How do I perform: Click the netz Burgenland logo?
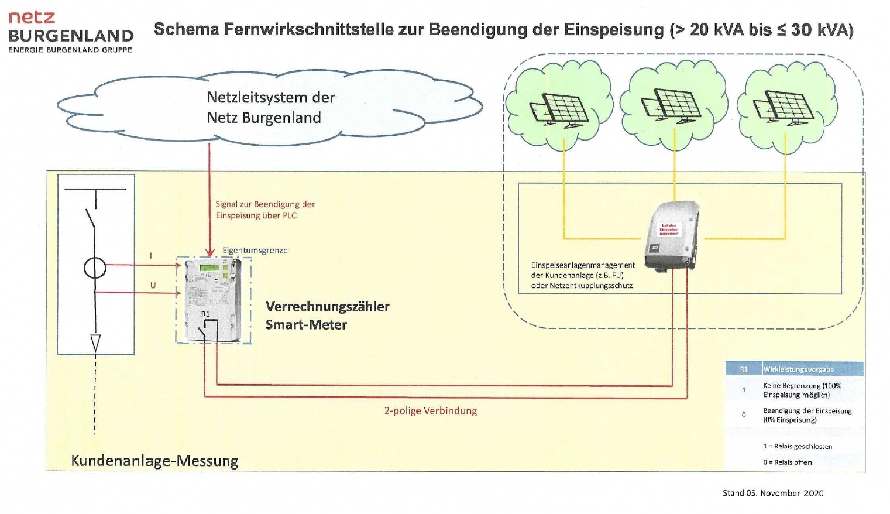click(70, 32)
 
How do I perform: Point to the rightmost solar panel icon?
click(784, 108)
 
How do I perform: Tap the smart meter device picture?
click(213, 300)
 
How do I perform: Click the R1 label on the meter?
click(205, 314)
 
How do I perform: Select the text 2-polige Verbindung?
click(430, 411)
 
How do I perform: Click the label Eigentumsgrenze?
click(255, 251)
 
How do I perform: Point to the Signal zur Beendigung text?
click(265, 210)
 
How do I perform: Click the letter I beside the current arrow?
click(151, 256)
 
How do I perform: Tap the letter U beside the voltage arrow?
click(153, 285)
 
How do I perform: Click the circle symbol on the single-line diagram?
click(95, 268)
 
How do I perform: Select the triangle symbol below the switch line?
click(95, 342)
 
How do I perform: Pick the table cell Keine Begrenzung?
click(802, 390)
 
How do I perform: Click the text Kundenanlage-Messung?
click(154, 461)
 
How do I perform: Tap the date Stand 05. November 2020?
click(772, 493)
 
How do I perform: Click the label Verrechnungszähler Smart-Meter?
click(327, 315)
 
